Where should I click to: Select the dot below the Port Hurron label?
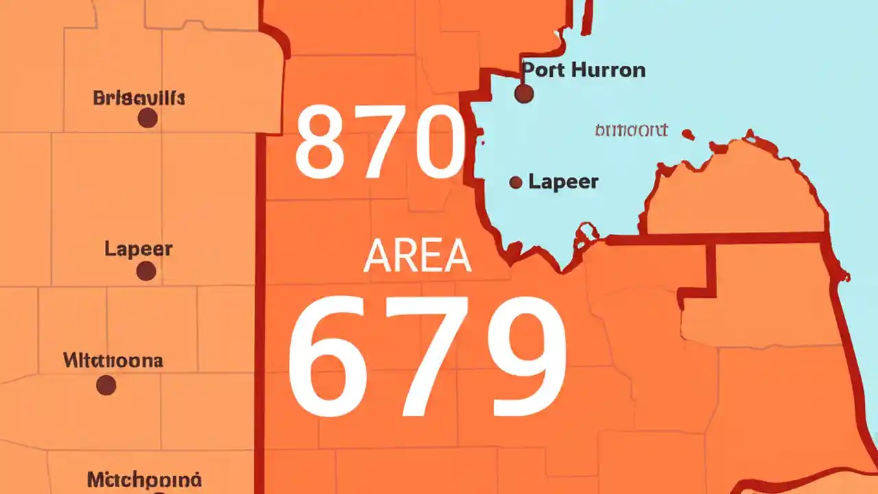[x=524, y=94]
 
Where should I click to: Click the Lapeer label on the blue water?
[x=563, y=182]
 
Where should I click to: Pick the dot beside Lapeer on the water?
[x=516, y=182]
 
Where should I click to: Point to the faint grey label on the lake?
[x=631, y=130]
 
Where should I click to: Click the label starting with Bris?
[x=139, y=98]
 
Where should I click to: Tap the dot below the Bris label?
[x=147, y=119]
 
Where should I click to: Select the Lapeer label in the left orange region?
[x=139, y=249]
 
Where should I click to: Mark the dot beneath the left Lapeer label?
[x=145, y=272]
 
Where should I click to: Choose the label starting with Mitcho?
[x=112, y=360]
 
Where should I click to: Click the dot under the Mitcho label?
[x=106, y=385]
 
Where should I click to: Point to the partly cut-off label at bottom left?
[x=144, y=479]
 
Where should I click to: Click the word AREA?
[x=417, y=257]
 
